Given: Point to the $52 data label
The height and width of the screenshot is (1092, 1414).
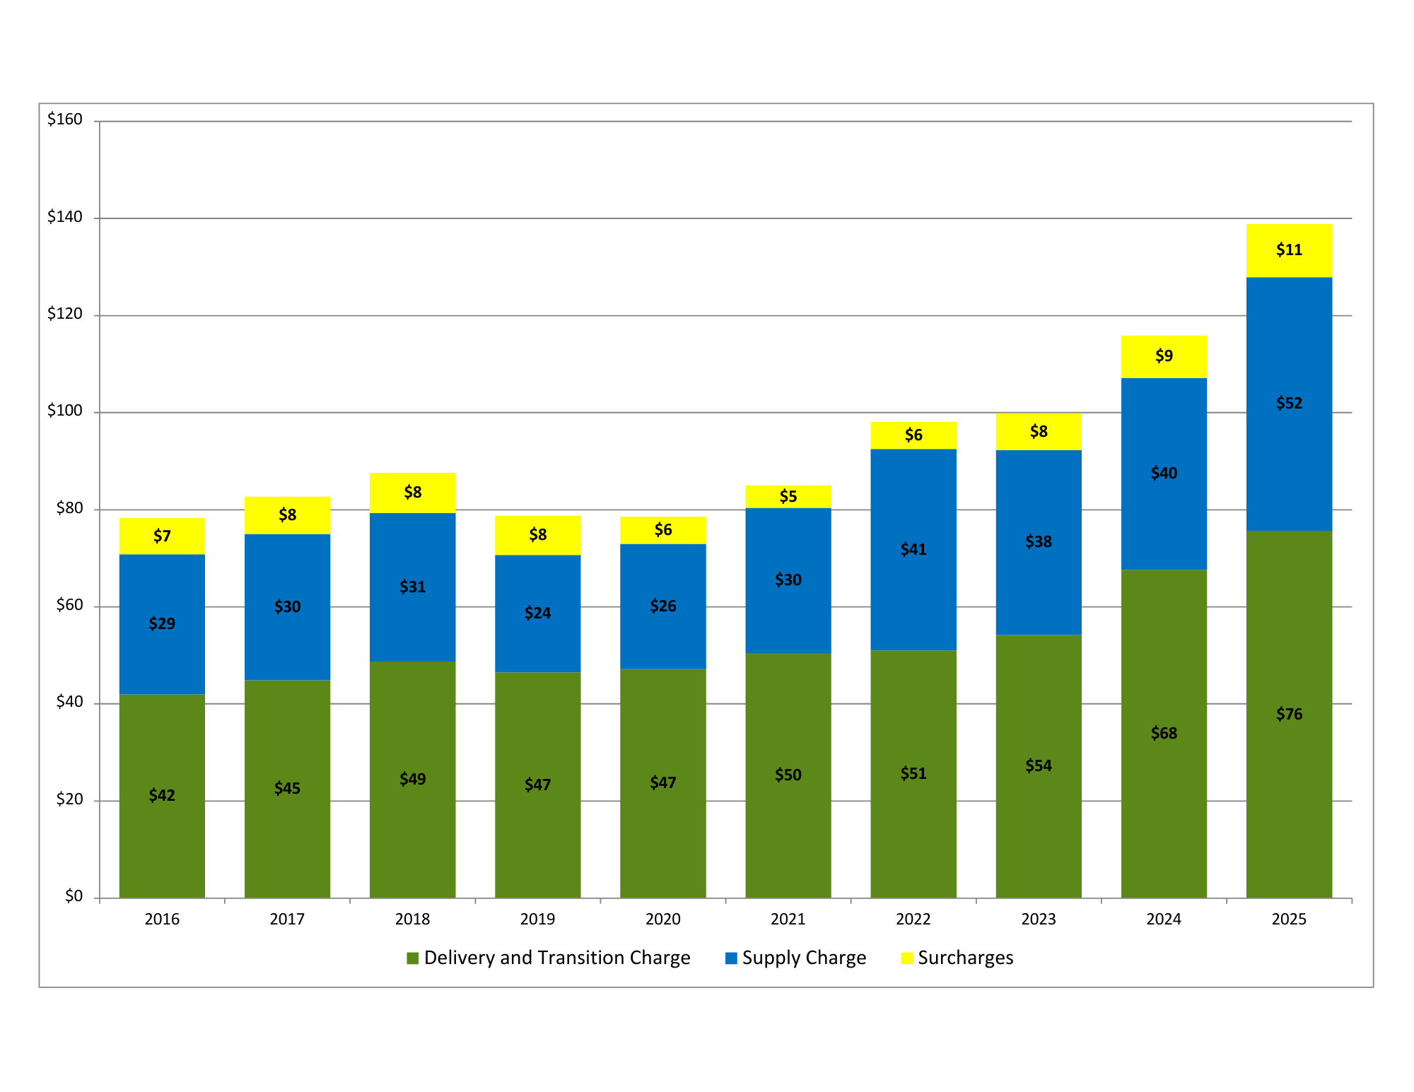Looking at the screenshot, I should point(1289,403).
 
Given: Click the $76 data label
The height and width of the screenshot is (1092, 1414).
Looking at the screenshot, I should point(1289,714).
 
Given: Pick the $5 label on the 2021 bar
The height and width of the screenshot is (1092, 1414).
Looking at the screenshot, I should point(788,496).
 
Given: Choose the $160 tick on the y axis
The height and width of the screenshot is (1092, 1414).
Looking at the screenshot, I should point(65,119).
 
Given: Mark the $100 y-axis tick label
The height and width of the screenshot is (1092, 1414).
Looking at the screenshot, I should point(65,411).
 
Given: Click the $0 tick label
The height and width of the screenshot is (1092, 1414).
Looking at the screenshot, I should point(74,896).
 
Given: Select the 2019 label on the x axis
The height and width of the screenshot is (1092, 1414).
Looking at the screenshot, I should point(537,919).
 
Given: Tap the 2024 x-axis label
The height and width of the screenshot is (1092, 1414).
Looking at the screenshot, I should point(1164,919).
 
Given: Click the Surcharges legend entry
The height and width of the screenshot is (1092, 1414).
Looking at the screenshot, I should point(957,958).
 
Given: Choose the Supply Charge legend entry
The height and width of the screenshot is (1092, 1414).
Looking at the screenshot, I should point(796,958).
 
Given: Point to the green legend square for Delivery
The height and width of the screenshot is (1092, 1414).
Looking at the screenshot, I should point(413,958).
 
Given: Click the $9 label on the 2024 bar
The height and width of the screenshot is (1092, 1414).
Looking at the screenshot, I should point(1164,356).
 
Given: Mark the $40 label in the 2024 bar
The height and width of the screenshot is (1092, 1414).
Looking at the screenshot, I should point(1164,473).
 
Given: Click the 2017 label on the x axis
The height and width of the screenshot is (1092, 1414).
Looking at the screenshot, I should point(287,919).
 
